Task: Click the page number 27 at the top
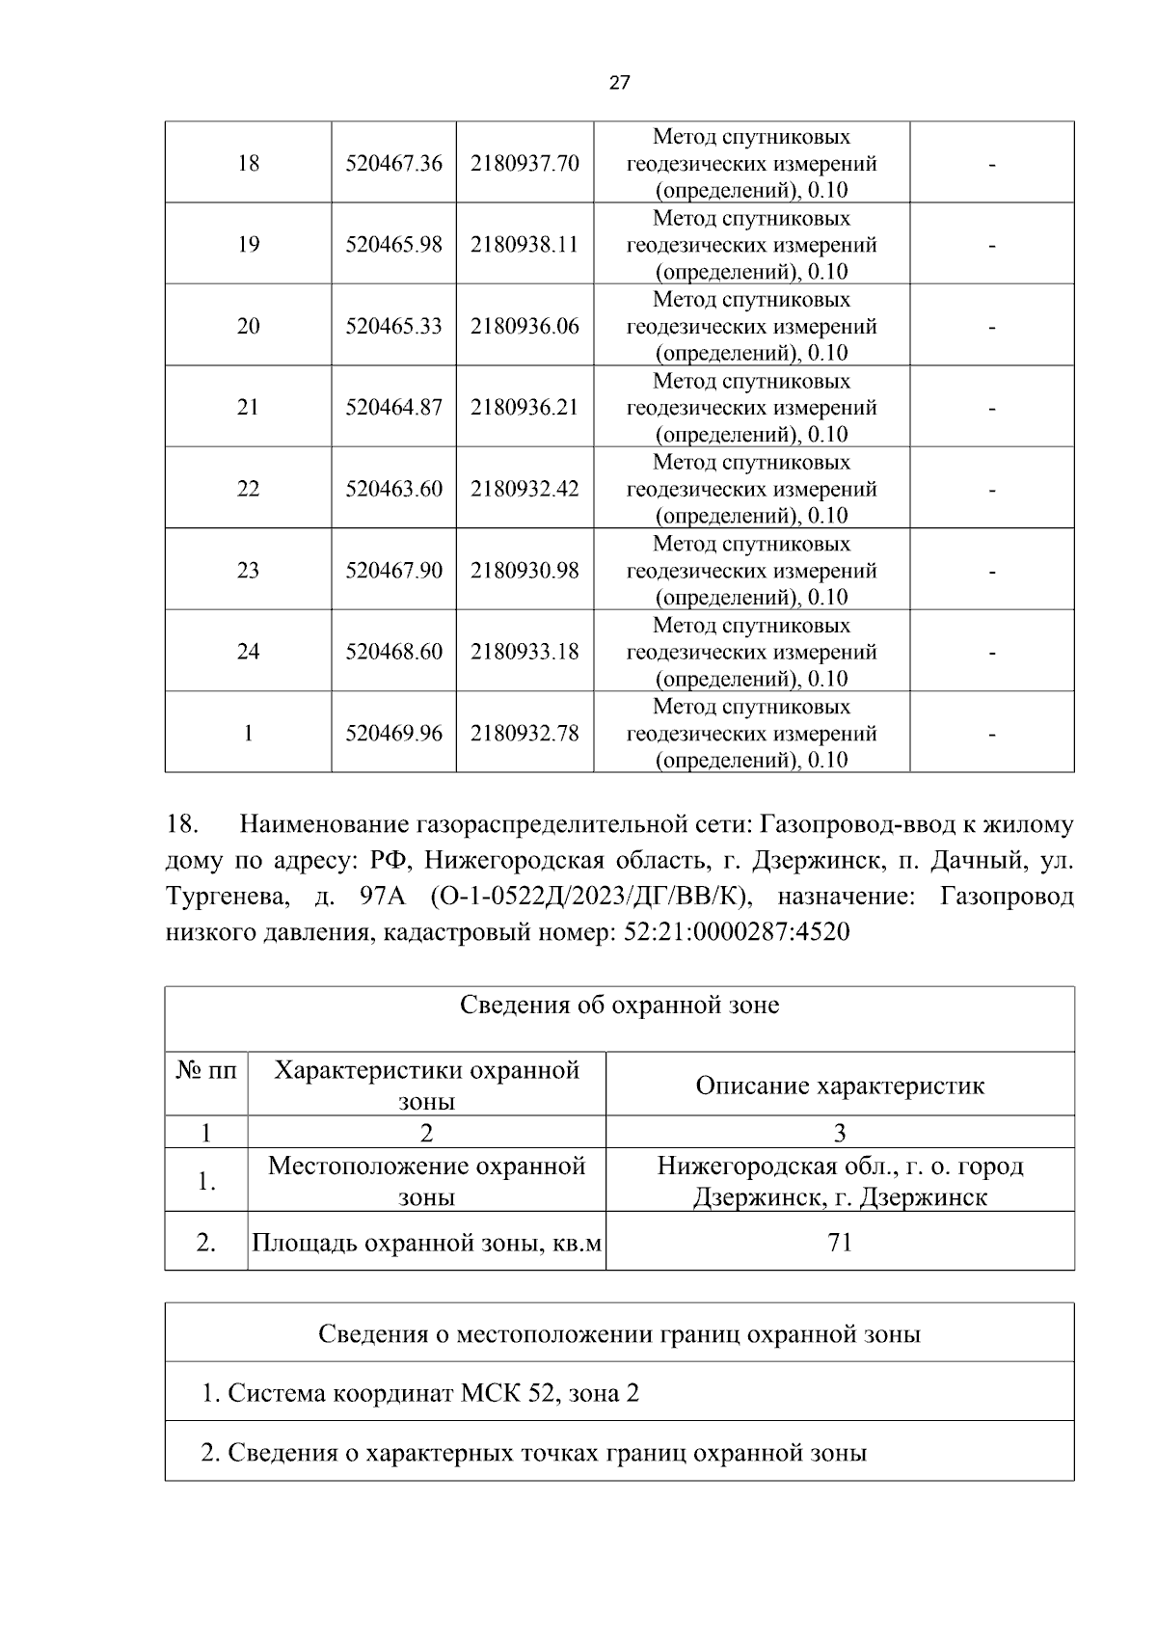coord(620,83)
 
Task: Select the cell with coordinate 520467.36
coord(393,164)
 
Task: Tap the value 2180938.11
coord(525,245)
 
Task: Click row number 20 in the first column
coord(248,326)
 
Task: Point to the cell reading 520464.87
coord(393,408)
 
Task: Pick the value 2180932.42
coord(525,489)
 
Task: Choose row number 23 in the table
coord(248,571)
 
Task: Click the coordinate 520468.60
coord(393,652)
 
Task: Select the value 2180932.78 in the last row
coord(525,734)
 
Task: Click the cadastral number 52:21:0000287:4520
coord(732,933)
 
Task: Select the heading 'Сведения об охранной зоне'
coord(619,1006)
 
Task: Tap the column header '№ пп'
coord(206,1071)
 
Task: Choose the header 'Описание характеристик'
coord(840,1086)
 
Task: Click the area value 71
coord(840,1243)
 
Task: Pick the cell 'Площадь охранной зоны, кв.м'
coord(426,1243)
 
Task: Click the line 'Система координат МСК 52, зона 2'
coord(420,1393)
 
